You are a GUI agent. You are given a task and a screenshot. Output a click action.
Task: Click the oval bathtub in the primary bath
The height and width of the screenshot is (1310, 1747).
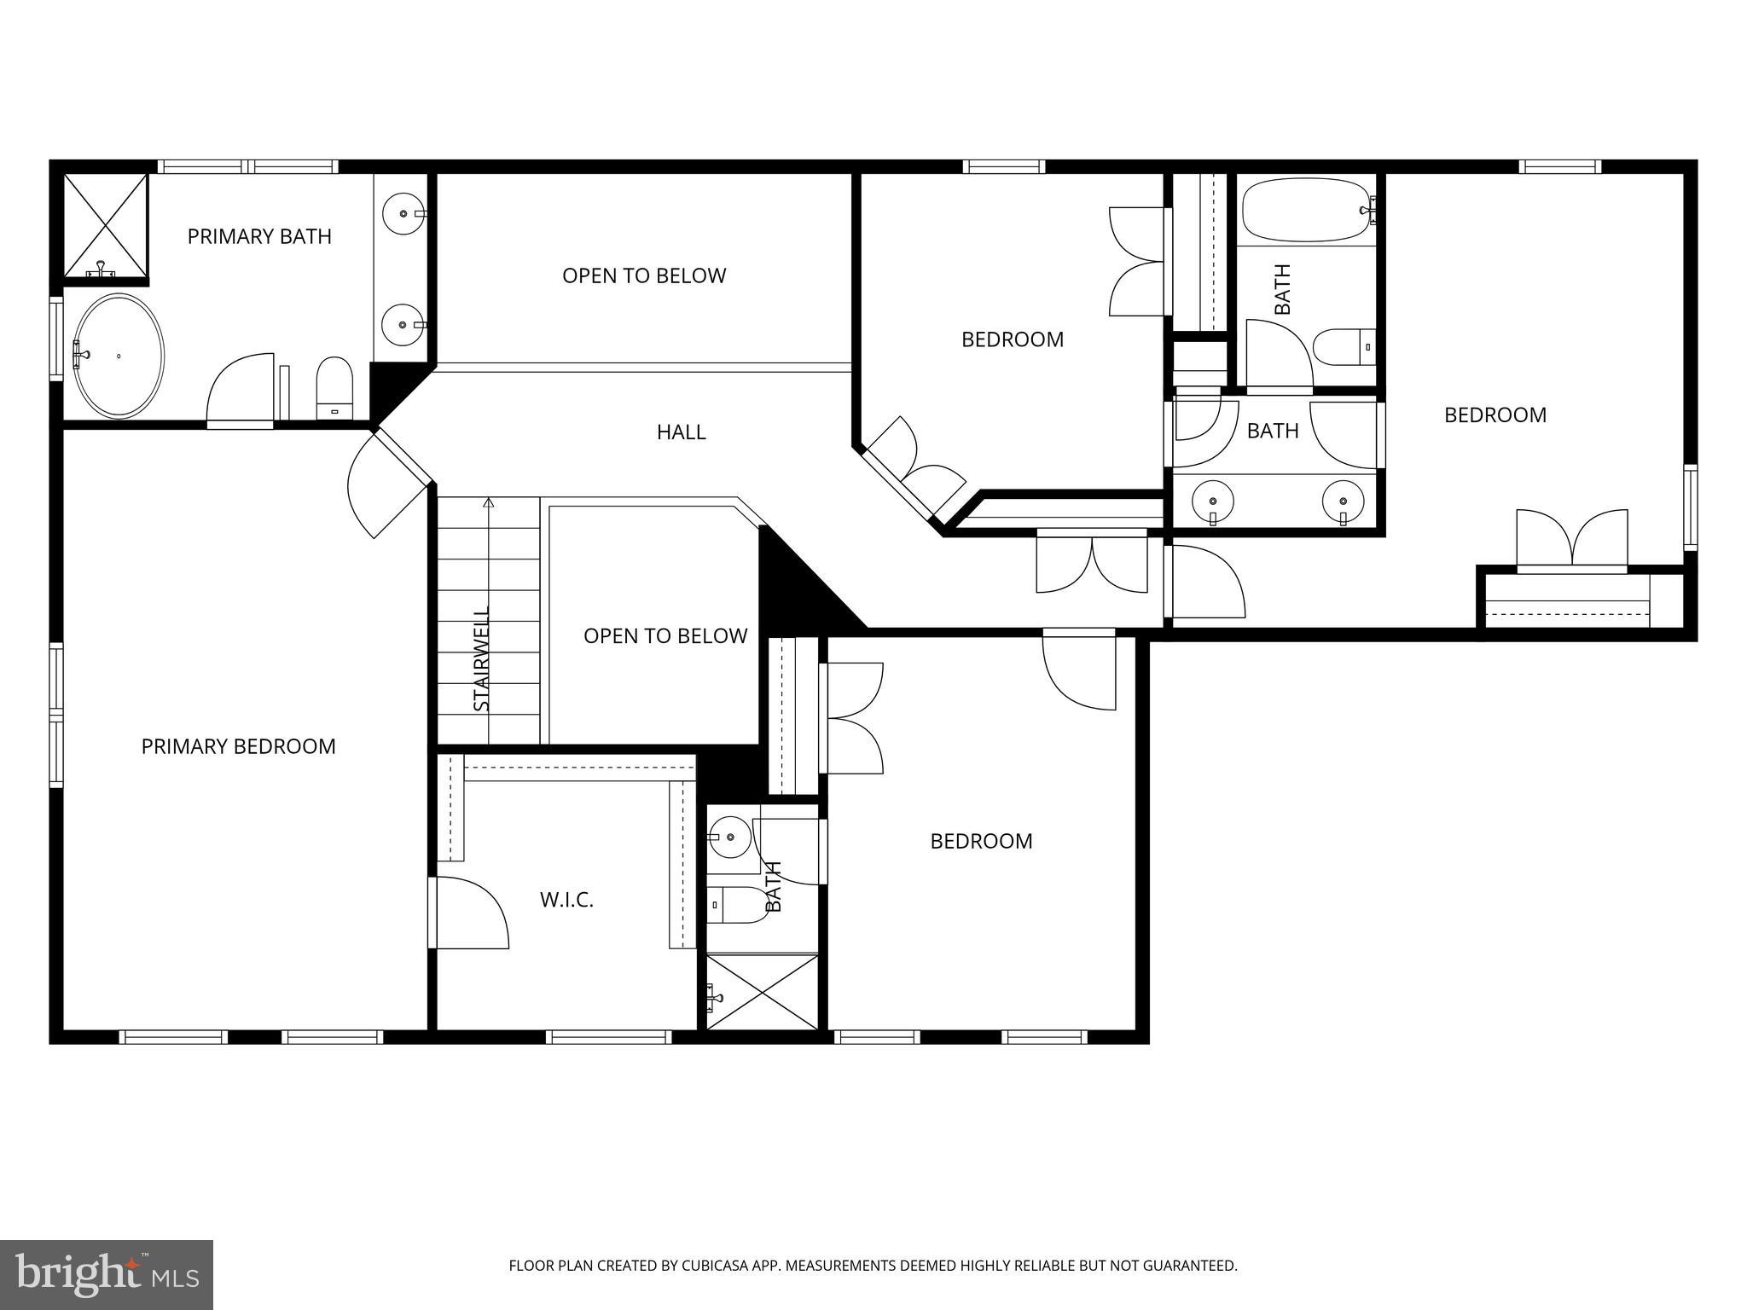[119, 356]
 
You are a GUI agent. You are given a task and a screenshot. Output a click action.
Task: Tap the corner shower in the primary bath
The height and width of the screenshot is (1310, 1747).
[107, 225]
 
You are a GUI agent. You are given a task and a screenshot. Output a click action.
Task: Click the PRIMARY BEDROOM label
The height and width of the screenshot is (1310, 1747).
[238, 746]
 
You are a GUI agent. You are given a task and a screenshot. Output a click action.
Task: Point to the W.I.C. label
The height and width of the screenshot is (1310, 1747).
[566, 900]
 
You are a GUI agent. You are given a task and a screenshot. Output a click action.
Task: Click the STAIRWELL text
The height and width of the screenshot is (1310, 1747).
[482, 658]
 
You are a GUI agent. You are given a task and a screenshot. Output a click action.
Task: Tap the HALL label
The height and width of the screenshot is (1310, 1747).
[681, 432]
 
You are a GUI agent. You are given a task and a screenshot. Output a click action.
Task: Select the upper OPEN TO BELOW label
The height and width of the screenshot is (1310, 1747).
[644, 275]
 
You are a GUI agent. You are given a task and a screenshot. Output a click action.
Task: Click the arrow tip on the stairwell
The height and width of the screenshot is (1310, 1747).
[489, 502]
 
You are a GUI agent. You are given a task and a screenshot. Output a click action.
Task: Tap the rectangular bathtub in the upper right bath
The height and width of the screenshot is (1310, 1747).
[1304, 210]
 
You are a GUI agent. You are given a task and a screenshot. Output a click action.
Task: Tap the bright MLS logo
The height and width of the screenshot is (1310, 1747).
[107, 1274]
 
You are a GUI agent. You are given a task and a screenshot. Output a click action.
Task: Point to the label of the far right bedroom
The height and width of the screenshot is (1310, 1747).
[1495, 414]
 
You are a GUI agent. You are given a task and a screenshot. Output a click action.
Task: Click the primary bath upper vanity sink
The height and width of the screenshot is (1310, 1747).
[401, 213]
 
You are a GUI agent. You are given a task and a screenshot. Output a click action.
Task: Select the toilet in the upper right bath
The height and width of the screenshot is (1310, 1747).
[1344, 347]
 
